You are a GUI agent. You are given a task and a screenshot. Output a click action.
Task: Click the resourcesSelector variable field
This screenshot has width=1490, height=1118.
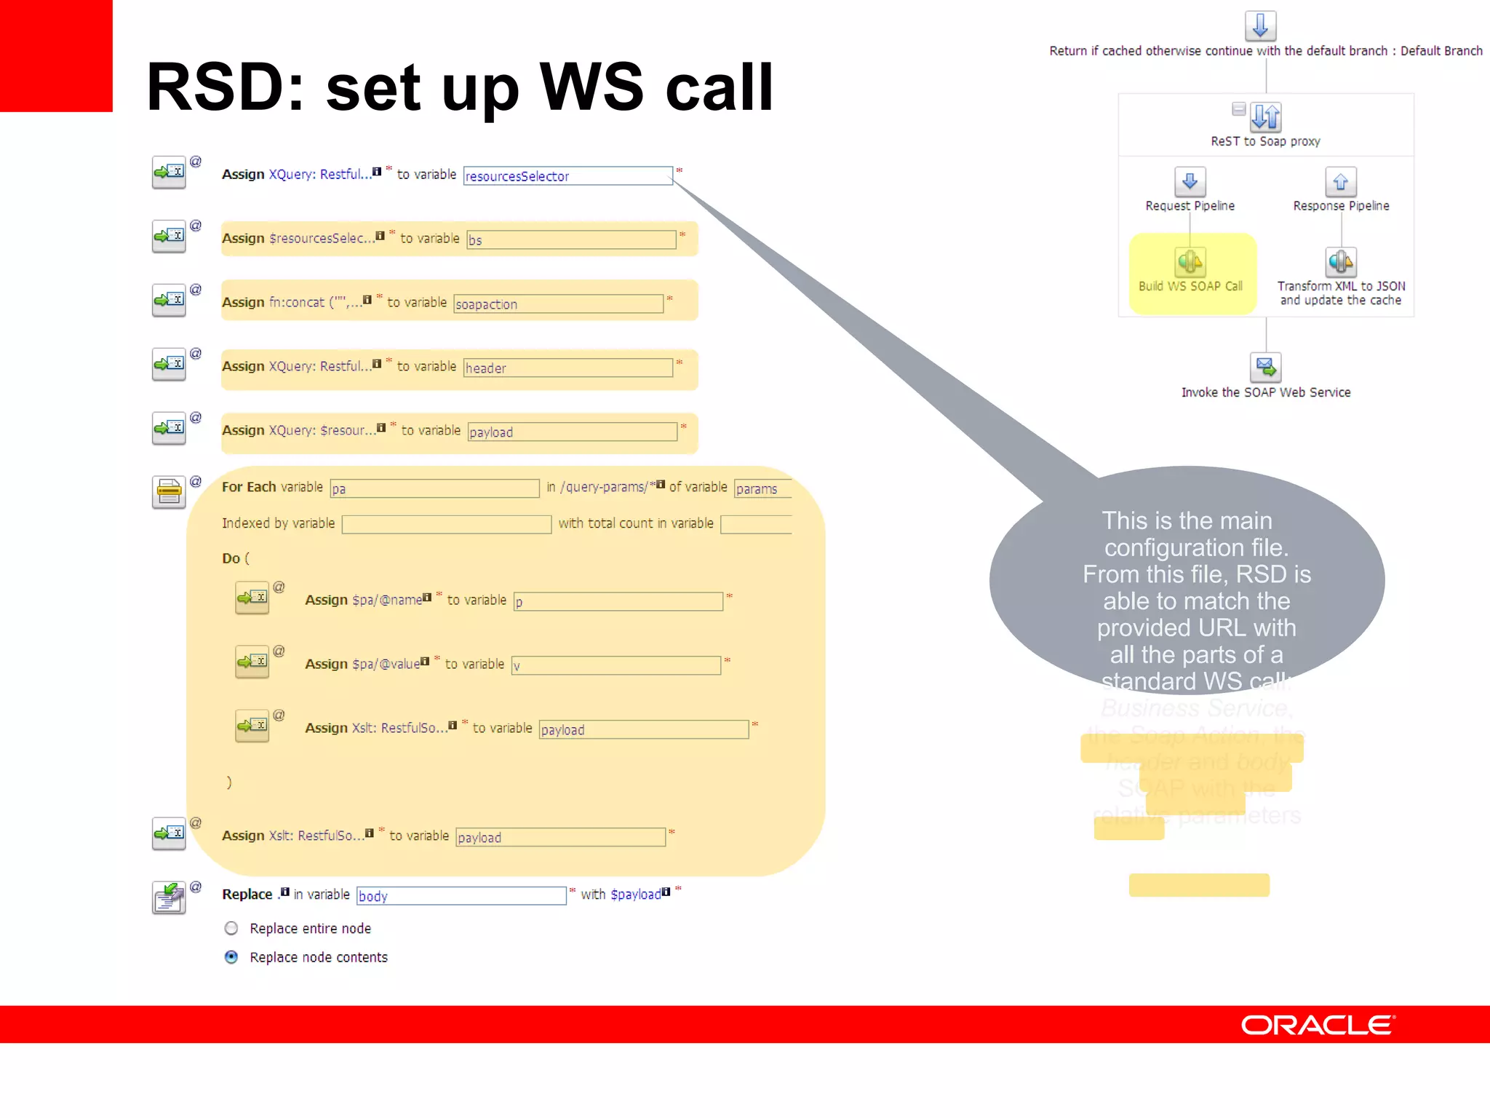tap(567, 176)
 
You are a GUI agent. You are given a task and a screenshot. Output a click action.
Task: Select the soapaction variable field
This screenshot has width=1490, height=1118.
tap(558, 304)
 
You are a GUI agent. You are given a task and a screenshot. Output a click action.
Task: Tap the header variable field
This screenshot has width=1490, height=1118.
tap(567, 368)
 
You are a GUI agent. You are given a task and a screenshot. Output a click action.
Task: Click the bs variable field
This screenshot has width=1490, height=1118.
tap(571, 240)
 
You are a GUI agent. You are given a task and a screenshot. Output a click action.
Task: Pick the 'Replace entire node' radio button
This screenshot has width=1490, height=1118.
tap(231, 928)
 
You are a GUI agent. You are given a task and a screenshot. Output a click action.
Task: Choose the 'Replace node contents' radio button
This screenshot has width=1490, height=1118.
tap(231, 957)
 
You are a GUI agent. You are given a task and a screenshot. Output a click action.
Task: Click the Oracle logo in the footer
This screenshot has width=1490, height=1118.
tap(1318, 1025)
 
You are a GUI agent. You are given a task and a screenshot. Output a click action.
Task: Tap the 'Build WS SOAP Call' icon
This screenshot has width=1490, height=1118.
tap(1190, 261)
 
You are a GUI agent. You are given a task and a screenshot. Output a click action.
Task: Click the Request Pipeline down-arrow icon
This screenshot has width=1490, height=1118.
tap(1190, 181)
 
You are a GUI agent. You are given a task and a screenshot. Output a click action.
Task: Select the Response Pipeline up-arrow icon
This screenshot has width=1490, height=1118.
tap(1341, 182)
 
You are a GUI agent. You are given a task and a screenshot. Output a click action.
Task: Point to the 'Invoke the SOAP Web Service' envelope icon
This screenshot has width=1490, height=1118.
tap(1265, 368)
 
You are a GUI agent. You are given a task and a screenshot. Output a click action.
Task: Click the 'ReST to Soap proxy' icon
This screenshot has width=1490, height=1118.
tap(1266, 116)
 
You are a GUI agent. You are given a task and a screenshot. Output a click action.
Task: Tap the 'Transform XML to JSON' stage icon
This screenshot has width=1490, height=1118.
tap(1341, 261)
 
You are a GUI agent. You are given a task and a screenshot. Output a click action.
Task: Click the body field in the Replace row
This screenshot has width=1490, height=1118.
tap(461, 896)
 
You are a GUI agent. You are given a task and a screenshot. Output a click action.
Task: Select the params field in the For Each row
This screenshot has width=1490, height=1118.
tap(762, 488)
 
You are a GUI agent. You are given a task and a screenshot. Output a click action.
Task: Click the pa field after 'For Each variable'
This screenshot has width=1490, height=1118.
tap(434, 488)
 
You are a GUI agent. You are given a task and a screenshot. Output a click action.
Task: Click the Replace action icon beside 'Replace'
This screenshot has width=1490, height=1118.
tap(169, 897)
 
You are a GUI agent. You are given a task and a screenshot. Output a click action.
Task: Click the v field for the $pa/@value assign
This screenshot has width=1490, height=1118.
tap(615, 665)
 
